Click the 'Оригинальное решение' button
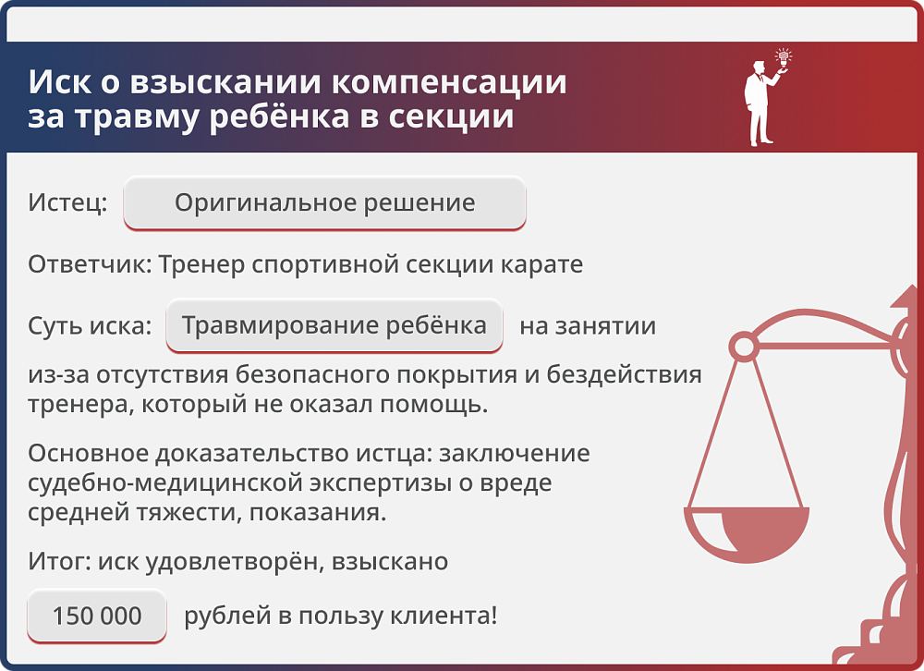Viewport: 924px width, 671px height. [324, 202]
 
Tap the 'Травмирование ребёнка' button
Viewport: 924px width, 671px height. [334, 325]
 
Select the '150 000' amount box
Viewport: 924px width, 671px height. [97, 616]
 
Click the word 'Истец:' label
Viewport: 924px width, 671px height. [67, 202]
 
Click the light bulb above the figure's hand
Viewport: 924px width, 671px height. [784, 58]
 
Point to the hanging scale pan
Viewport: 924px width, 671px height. [747, 536]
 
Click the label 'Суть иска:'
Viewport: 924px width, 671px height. [90, 325]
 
